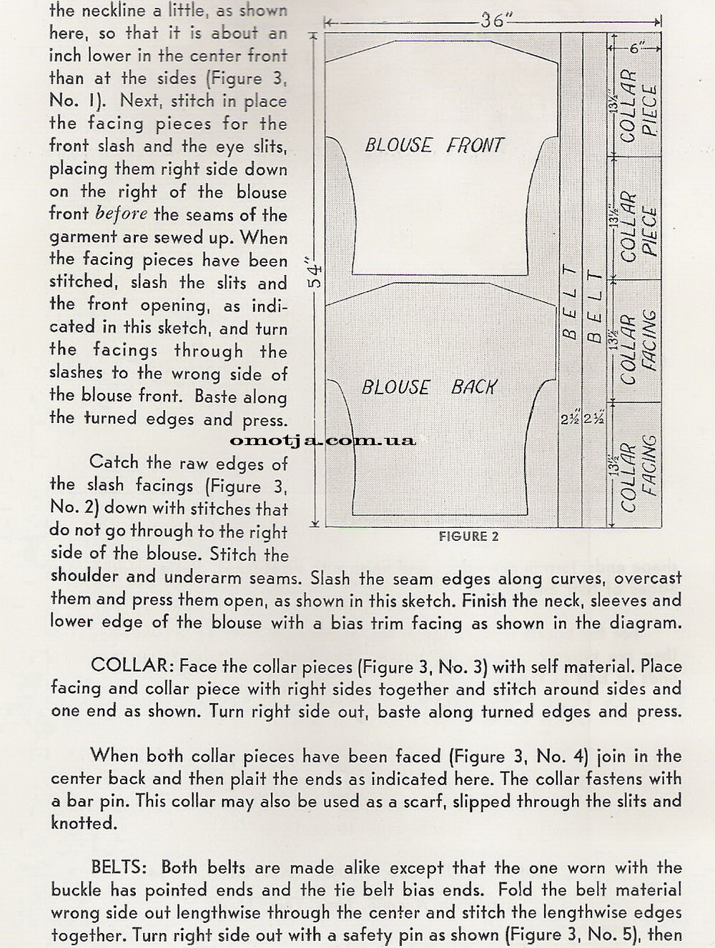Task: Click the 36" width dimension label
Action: click(x=493, y=20)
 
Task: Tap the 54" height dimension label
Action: click(x=315, y=275)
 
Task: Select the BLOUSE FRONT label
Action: click(x=434, y=146)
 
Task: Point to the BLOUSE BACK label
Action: click(x=428, y=387)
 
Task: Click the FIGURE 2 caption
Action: click(x=469, y=537)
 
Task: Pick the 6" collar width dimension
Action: click(x=636, y=48)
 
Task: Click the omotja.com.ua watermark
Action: click(x=322, y=439)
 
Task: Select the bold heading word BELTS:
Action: click(x=119, y=867)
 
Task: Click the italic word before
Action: click(x=122, y=214)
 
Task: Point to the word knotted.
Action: click(x=83, y=823)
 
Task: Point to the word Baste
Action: click(x=216, y=396)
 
